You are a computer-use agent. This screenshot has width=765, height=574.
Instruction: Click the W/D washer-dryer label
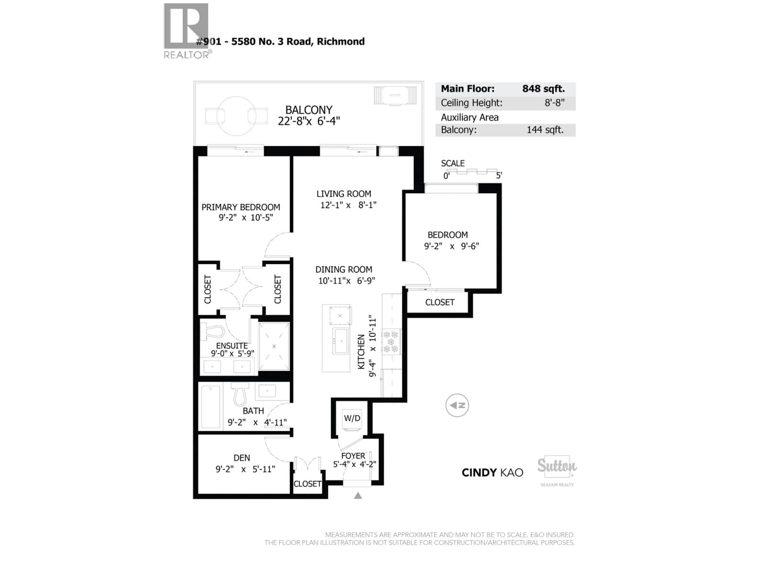click(352, 418)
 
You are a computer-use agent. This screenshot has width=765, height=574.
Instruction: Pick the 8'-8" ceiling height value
click(554, 103)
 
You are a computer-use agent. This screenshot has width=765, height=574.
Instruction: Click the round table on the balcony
click(236, 116)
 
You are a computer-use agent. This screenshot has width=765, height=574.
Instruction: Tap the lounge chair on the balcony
click(395, 95)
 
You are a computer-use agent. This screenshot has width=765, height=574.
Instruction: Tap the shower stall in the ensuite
click(274, 346)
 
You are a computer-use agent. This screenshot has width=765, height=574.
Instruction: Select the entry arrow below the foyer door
click(358, 496)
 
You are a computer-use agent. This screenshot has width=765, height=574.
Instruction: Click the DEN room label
click(242, 458)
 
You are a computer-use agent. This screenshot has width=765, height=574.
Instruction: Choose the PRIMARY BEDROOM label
click(241, 207)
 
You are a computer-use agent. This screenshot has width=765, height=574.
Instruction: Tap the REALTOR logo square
click(186, 26)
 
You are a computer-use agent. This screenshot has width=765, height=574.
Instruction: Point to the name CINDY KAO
click(492, 473)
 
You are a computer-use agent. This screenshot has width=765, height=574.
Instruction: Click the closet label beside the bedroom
click(439, 302)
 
